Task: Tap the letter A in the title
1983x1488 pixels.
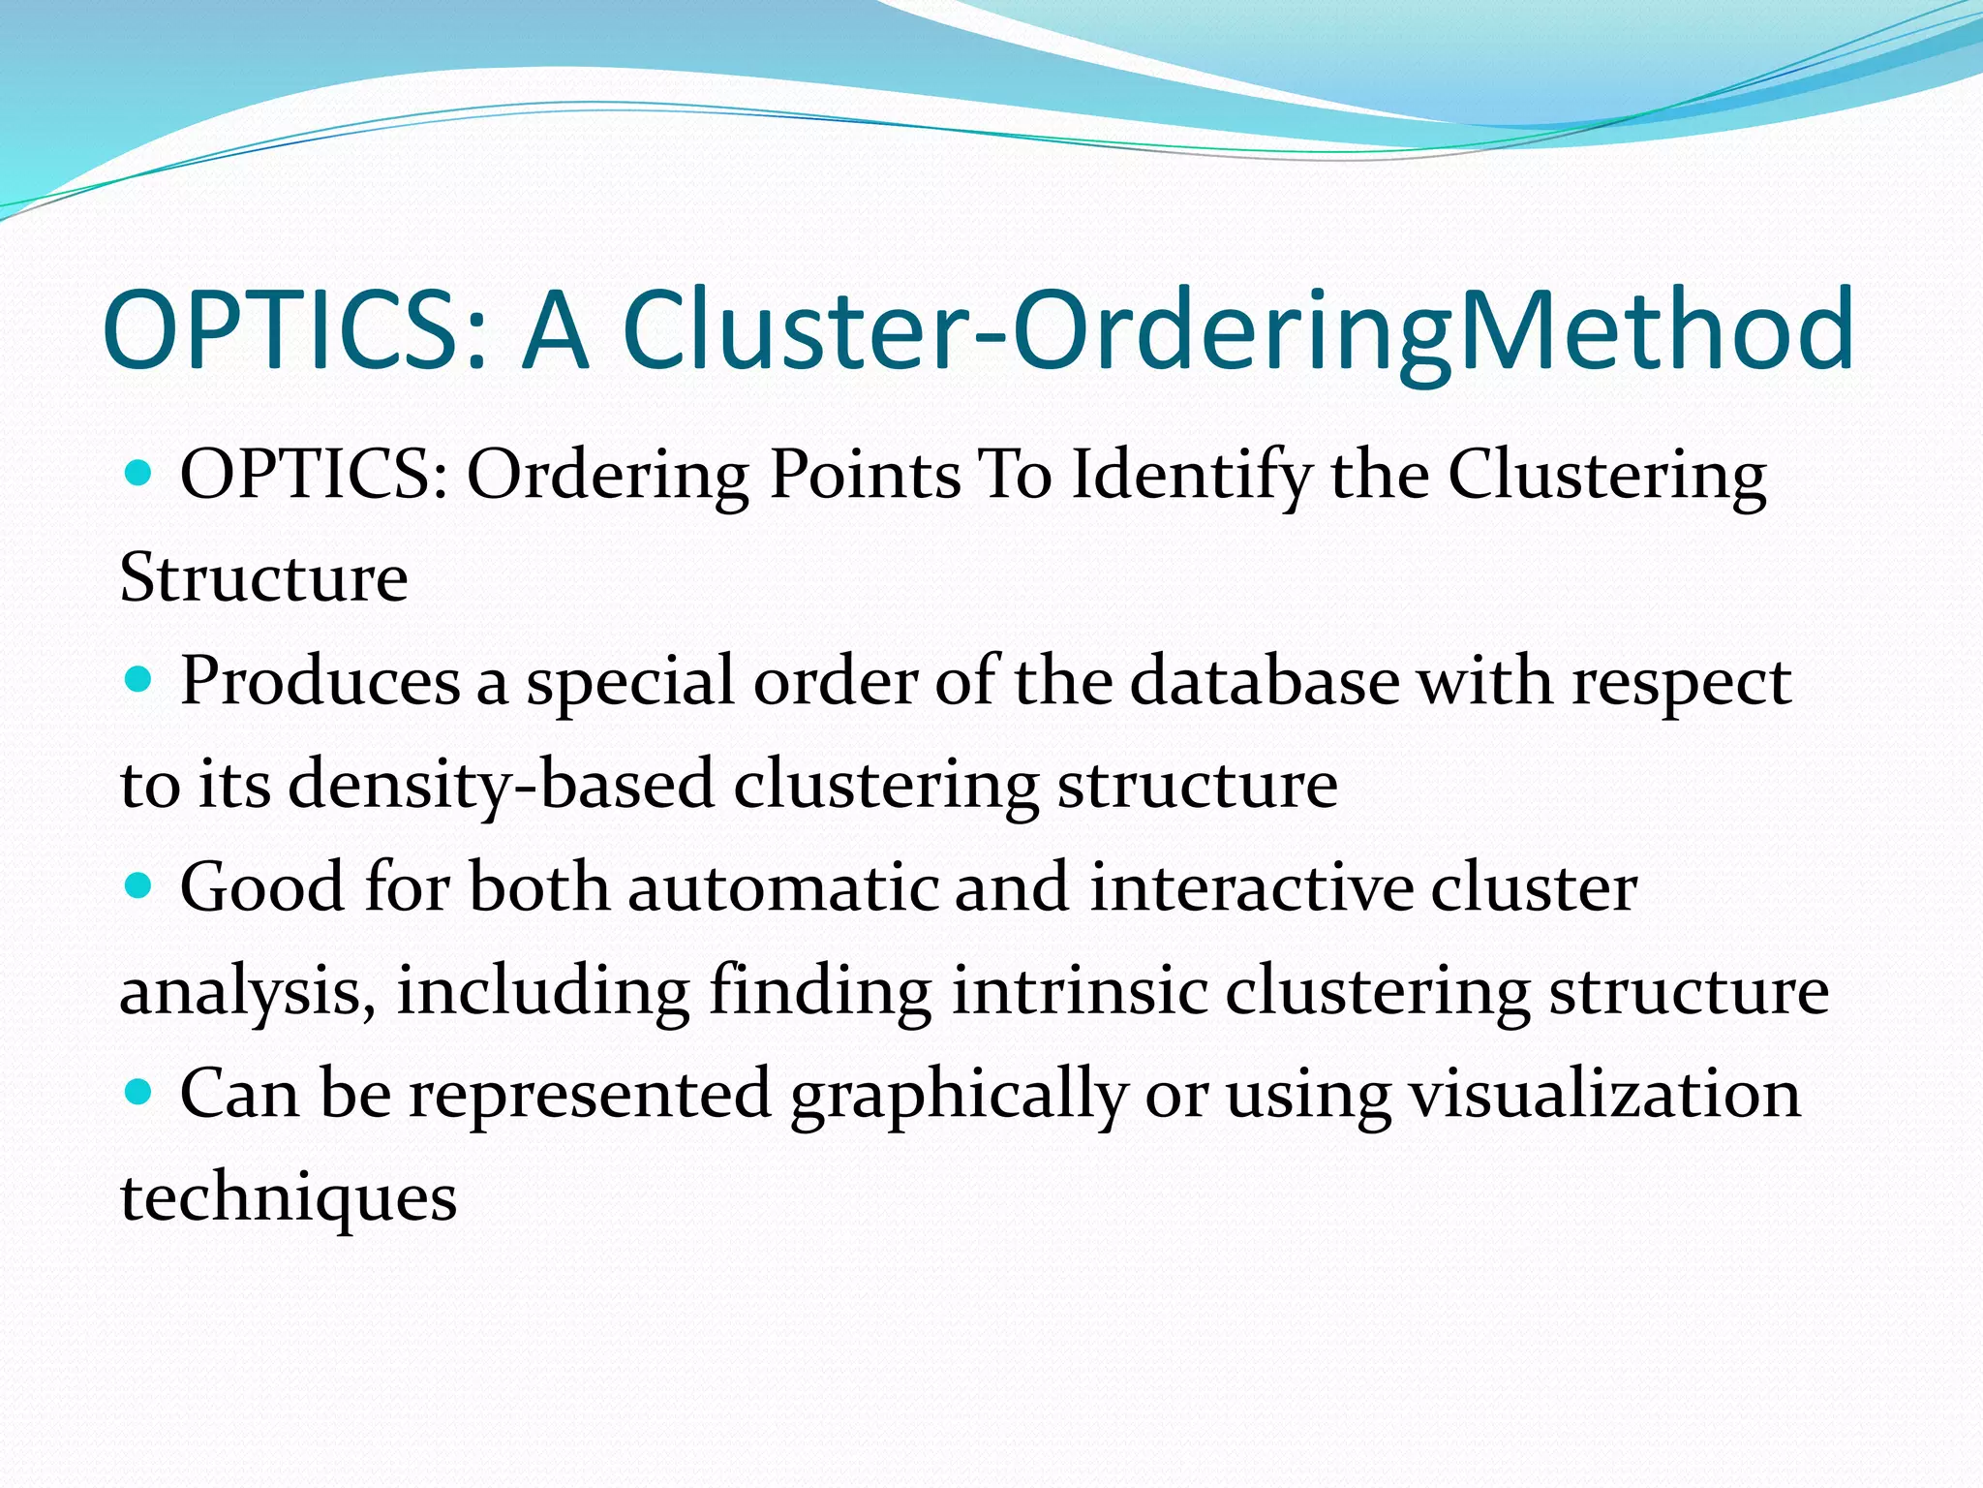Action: click(555, 329)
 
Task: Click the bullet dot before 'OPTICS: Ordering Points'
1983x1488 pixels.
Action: click(139, 474)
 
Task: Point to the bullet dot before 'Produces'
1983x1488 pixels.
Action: click(139, 680)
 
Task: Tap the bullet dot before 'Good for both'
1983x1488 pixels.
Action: click(139, 886)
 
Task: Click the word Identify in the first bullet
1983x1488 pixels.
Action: click(1191, 477)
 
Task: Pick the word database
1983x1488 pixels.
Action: click(1265, 682)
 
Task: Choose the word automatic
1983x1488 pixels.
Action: click(782, 888)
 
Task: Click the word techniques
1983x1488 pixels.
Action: click(288, 1199)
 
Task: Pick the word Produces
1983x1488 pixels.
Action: click(320, 682)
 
